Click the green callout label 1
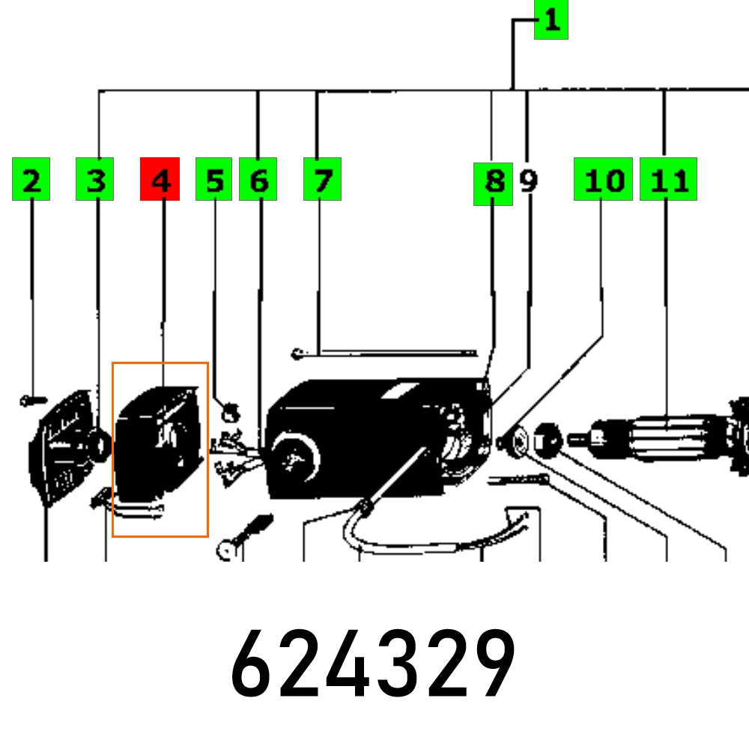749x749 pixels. [551, 19]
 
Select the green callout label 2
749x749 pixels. [31, 179]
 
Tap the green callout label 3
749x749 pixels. [94, 179]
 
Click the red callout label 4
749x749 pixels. [160, 179]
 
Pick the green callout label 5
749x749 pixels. [213, 179]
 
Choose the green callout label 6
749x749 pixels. [258, 179]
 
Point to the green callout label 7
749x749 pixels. [322, 179]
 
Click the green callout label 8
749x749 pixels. [493, 184]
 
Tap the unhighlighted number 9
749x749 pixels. [528, 181]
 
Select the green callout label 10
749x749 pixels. [603, 179]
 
